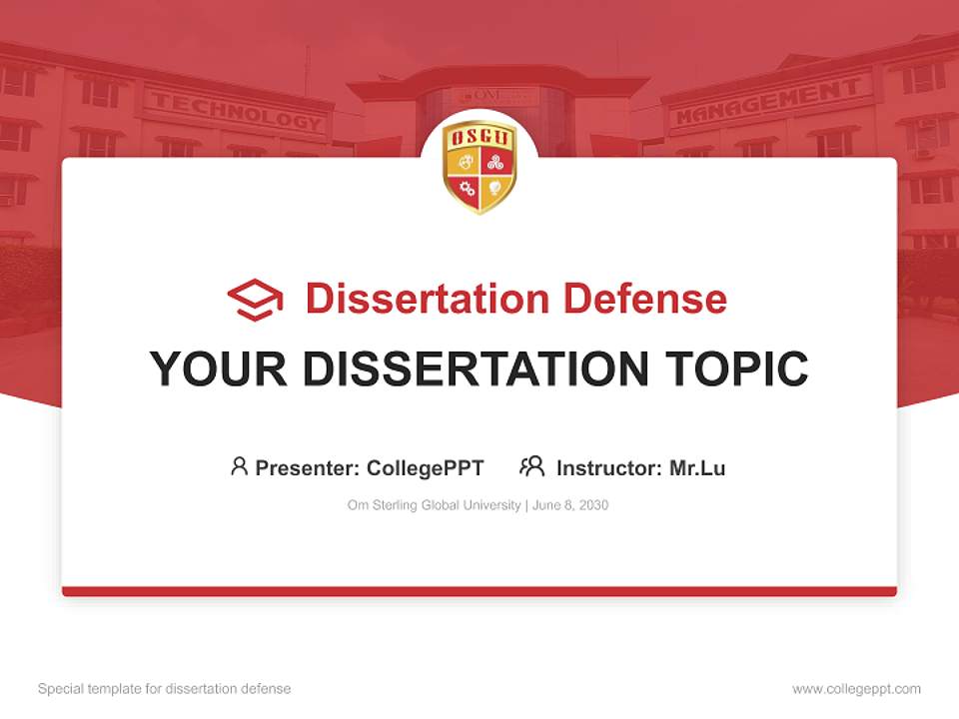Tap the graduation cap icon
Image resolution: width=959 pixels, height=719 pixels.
[x=255, y=300]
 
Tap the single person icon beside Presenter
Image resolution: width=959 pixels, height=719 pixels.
[x=239, y=466]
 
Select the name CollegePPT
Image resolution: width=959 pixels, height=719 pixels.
[x=426, y=467]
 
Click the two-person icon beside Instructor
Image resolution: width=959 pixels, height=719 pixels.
[x=531, y=466]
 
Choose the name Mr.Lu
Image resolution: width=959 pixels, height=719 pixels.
[x=697, y=467]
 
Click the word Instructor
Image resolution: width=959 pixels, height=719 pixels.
[x=606, y=467]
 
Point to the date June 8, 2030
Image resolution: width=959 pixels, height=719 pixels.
[x=570, y=505]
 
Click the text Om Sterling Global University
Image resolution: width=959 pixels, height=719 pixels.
[x=434, y=505]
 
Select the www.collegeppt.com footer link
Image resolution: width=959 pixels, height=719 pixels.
[x=856, y=689]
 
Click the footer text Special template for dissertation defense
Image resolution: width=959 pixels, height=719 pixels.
[x=164, y=689]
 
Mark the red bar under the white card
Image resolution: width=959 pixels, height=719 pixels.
[x=479, y=591]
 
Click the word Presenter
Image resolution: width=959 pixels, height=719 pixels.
[x=307, y=467]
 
